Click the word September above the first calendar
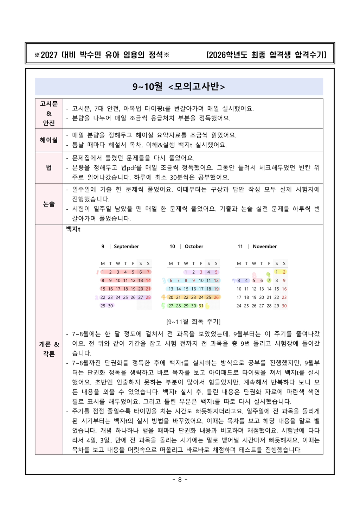coord(126,247)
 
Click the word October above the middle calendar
coord(194,247)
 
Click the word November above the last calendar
coord(265,247)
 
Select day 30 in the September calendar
coord(110,306)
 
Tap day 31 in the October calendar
coord(201,306)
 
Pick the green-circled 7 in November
coord(269,280)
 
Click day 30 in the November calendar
coord(284,306)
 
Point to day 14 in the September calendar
coord(148,280)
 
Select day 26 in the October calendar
coord(216,297)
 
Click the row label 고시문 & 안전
coord(49,113)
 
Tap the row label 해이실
coord(49,140)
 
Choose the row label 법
coord(49,168)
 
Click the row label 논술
coord(49,204)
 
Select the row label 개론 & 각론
coord(49,349)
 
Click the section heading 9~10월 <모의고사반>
coord(179,87)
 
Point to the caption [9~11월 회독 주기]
coord(193,322)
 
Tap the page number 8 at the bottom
coord(180,480)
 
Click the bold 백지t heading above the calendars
coord(73,229)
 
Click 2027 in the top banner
coord(49,55)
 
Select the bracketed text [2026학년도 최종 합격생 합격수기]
coord(266,55)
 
